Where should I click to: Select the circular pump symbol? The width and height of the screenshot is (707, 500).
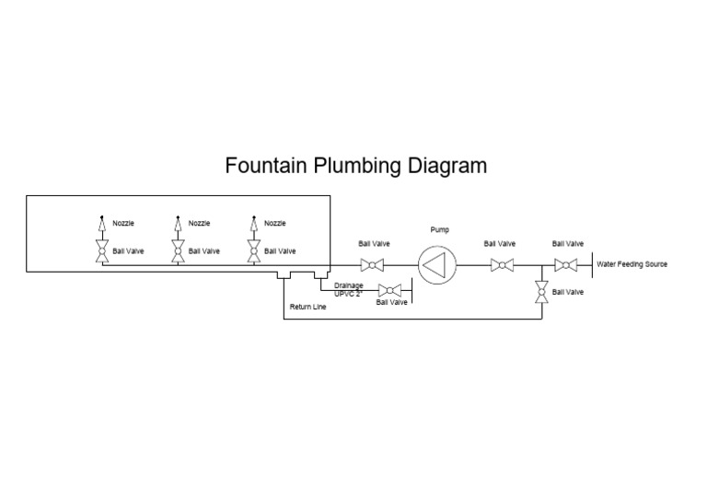click(x=437, y=266)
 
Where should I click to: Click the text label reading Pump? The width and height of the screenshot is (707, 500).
click(x=439, y=229)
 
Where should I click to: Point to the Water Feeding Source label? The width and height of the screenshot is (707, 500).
click(x=632, y=264)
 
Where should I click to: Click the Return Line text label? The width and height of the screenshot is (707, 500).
click(x=307, y=307)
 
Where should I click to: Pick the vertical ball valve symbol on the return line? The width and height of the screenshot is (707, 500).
click(x=541, y=293)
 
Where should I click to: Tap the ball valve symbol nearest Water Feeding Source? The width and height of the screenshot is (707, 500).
click(x=567, y=266)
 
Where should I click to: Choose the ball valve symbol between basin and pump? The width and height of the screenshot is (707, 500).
click(x=373, y=266)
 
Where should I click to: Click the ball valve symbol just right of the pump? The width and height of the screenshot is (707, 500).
click(x=501, y=266)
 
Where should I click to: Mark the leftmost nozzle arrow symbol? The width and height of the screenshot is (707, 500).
click(x=101, y=224)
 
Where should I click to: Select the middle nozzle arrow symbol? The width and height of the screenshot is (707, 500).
click(x=177, y=224)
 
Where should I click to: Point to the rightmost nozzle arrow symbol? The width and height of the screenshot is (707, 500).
click(x=252, y=224)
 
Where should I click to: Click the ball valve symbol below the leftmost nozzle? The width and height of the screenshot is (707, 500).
click(x=101, y=251)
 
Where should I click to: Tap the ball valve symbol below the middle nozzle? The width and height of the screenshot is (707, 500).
click(x=177, y=251)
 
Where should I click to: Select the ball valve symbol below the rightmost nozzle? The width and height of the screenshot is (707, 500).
click(x=252, y=251)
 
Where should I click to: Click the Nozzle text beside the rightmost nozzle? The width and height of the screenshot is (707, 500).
click(x=275, y=223)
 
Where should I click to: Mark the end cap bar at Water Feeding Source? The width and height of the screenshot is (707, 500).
click(x=590, y=265)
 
